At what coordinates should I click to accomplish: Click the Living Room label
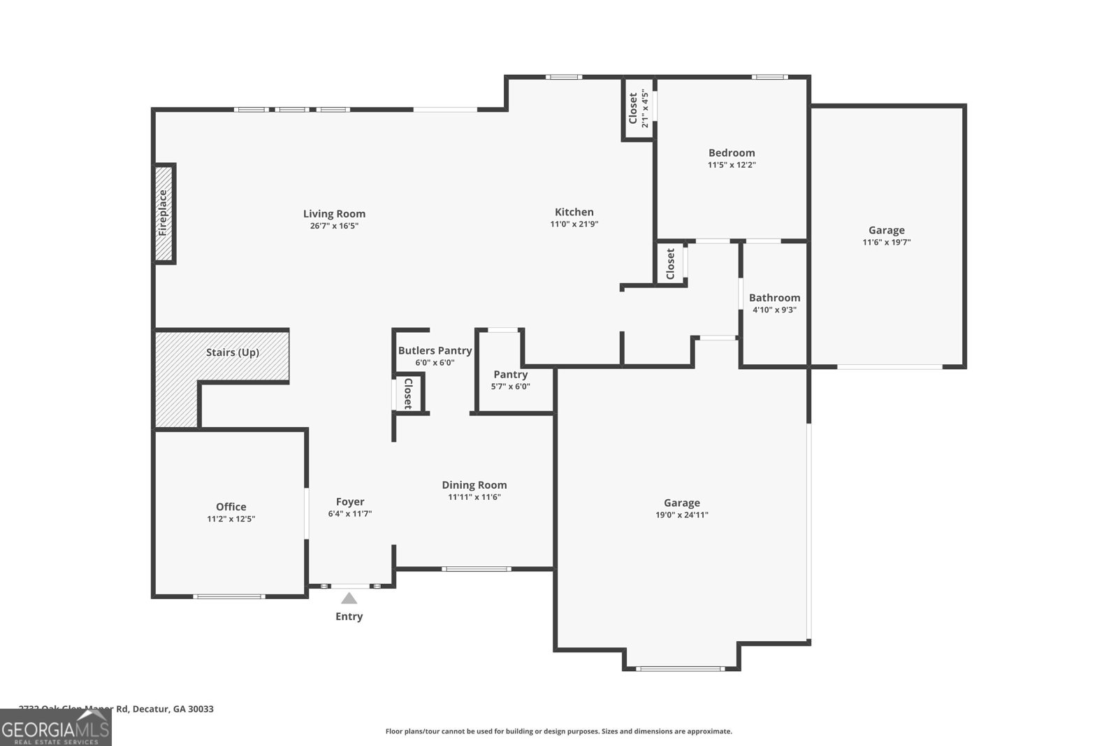pyautogui.click(x=334, y=214)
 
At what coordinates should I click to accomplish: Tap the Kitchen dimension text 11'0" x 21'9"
pyautogui.click(x=574, y=224)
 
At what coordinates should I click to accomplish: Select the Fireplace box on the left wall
pyautogui.click(x=164, y=213)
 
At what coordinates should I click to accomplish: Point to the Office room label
pyautogui.click(x=231, y=507)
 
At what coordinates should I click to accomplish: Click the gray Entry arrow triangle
pyautogui.click(x=349, y=598)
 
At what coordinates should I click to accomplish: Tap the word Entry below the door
pyautogui.click(x=349, y=617)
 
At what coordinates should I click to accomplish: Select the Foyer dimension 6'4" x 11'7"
pyautogui.click(x=349, y=514)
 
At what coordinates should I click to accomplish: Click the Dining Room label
pyautogui.click(x=474, y=485)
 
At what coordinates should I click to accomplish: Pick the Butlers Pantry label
pyautogui.click(x=435, y=351)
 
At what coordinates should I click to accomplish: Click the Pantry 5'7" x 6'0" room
pyautogui.click(x=511, y=380)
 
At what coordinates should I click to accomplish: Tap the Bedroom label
pyautogui.click(x=732, y=153)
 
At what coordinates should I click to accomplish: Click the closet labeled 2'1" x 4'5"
pyautogui.click(x=638, y=108)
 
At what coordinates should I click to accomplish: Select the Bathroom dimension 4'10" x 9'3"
pyautogui.click(x=774, y=310)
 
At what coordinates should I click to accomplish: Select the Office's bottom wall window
pyautogui.click(x=229, y=596)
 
